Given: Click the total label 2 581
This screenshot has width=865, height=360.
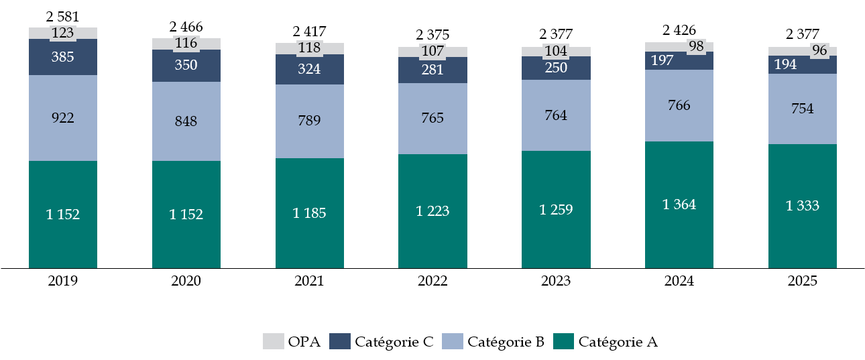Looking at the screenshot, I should [x=63, y=17].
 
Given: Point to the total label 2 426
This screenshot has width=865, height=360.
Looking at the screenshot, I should [x=679, y=30].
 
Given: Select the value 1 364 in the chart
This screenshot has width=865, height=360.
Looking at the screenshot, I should [x=679, y=205].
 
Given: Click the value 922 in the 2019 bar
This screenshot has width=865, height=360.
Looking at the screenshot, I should [x=63, y=118].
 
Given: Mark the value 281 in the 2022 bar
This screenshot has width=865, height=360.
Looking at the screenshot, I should [x=432, y=70].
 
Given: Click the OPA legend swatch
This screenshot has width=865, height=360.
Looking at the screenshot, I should [x=272, y=342].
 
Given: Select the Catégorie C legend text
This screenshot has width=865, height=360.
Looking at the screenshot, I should [x=394, y=342].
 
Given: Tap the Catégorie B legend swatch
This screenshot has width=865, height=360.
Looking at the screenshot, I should [x=451, y=342].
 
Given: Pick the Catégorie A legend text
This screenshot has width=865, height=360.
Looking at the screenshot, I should [x=618, y=342].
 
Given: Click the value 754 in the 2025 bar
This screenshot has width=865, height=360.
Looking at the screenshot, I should [x=802, y=109].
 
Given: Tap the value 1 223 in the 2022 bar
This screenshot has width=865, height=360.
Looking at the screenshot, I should [x=432, y=211].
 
